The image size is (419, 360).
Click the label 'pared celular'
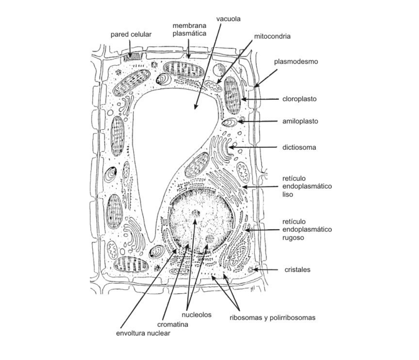(x=131, y=35)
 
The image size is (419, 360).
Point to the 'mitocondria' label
(x=272, y=37)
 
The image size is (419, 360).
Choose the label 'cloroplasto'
(x=299, y=99)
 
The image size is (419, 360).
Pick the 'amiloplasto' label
(x=300, y=121)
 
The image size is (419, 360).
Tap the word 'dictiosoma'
(x=299, y=148)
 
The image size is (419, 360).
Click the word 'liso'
(x=287, y=195)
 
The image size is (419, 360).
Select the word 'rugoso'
(x=293, y=237)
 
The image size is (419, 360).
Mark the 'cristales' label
(x=297, y=270)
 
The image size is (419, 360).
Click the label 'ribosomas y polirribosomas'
(x=272, y=318)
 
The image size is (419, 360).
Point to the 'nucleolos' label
(x=196, y=315)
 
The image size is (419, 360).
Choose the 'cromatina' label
(x=173, y=324)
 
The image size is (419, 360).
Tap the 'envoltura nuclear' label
(x=143, y=333)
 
